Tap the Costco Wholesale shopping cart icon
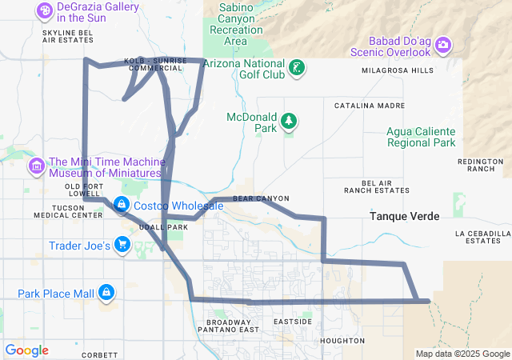pos(121,206)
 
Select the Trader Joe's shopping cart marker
pos(122,245)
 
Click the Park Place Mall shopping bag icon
pos(106,294)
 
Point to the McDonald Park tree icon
pos(288,122)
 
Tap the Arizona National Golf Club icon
pos(297,69)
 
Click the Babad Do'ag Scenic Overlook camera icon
pos(442,46)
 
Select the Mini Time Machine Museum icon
pos(36,166)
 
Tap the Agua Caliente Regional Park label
pos(421,137)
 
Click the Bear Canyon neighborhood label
pos(261,198)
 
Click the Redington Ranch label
pos(480,165)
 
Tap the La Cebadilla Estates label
pos(482,237)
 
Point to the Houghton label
pos(342,340)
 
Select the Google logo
pos(27,350)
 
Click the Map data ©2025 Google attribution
pos(462,354)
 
